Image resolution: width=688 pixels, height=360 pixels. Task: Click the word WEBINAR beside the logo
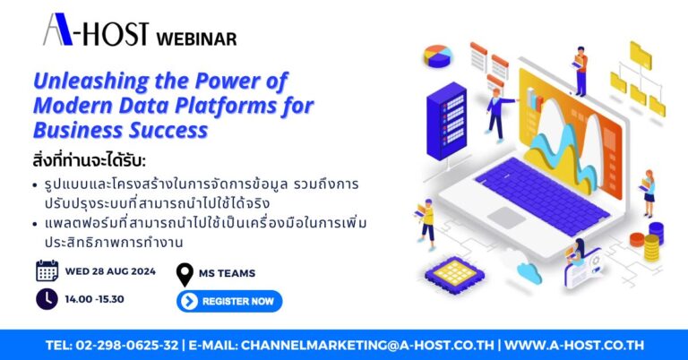click(196, 39)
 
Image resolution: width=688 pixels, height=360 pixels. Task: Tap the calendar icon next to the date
click(47, 270)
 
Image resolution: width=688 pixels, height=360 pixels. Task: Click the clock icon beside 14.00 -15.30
click(47, 299)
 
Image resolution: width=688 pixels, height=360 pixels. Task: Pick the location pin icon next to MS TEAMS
click(185, 274)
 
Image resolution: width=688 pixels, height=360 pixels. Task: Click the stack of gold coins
click(653, 241)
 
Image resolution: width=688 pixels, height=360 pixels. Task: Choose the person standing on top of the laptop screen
click(581, 70)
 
